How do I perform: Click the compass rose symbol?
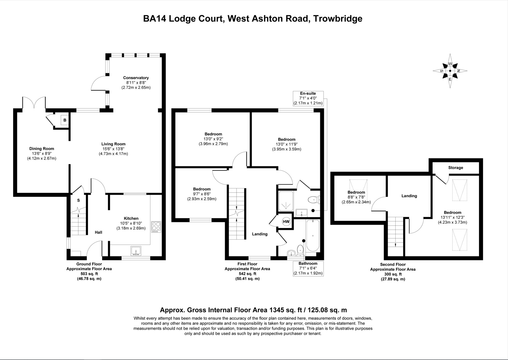(450, 71)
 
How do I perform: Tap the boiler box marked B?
(65, 120)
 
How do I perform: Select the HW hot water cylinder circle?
(286, 222)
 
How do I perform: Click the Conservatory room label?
(136, 78)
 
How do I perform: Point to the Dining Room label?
(42, 149)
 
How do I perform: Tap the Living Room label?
(113, 144)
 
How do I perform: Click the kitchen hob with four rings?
(156, 227)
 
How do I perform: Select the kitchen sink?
(136, 251)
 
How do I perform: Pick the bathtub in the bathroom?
(313, 236)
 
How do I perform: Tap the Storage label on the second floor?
(455, 168)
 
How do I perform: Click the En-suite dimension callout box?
(308, 98)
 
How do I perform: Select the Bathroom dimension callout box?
(308, 268)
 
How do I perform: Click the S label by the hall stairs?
(78, 200)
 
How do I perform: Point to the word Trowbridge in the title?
(338, 18)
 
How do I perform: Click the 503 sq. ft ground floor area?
(89, 274)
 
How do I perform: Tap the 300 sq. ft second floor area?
(393, 274)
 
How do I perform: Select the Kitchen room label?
(131, 218)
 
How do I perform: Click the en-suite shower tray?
(286, 201)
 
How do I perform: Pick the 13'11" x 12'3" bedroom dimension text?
(453, 218)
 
